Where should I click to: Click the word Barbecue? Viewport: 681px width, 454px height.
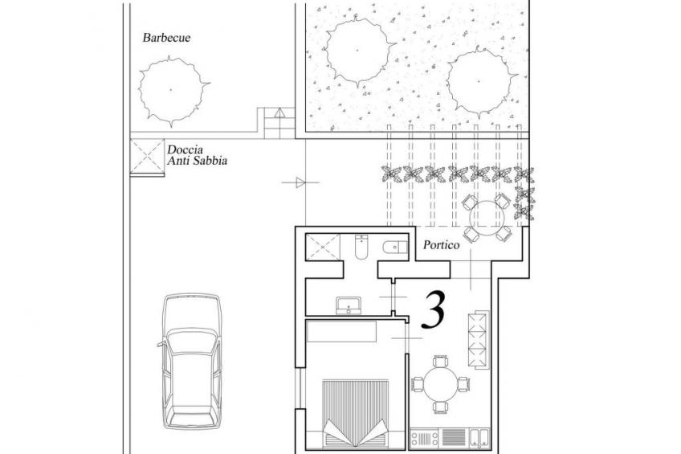coord(166,38)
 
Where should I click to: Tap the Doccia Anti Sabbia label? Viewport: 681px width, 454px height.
coord(198,155)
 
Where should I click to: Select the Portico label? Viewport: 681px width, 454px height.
coord(441,245)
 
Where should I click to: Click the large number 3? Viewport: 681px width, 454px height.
coord(434,309)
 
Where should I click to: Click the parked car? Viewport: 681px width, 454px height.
coord(191,362)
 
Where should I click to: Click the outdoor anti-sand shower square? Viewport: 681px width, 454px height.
coord(147,156)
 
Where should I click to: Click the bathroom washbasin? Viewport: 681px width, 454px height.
coord(349,305)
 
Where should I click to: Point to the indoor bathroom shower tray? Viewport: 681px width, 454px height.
coord(323,247)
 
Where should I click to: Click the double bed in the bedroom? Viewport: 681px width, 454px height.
coord(356,413)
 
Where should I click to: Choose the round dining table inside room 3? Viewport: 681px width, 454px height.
coord(441,384)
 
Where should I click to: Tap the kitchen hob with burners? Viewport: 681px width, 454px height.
coord(425,437)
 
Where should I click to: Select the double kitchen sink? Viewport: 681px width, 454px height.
coord(479,437)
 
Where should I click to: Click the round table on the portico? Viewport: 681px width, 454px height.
coord(487,218)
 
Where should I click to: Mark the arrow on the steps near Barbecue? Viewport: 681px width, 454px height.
coord(279,113)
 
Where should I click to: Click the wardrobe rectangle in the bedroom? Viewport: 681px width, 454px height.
coord(341,332)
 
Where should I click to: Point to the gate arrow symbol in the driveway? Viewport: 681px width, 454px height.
coord(300,182)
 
